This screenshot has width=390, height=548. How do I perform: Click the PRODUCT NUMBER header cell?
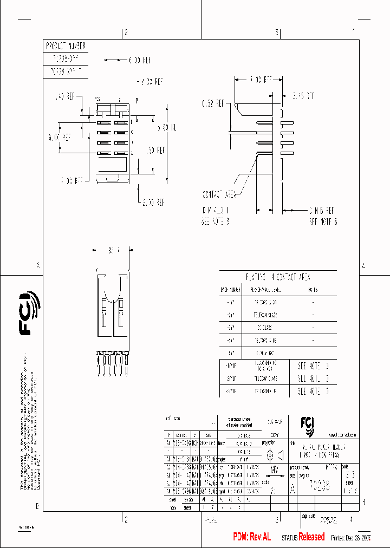click(66, 46)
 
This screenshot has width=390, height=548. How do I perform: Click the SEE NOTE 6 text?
click(323, 221)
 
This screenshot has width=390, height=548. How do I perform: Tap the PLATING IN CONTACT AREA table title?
click(278, 277)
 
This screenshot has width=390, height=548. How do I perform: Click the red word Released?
click(311, 537)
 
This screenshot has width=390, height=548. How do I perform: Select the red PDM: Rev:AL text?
click(251, 537)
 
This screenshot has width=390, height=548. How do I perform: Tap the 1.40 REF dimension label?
click(66, 96)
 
